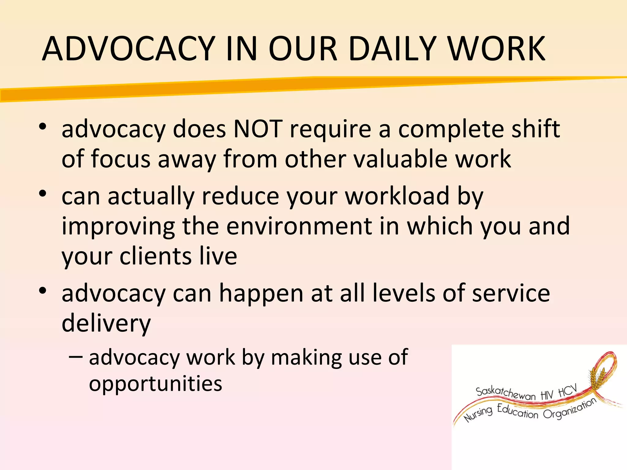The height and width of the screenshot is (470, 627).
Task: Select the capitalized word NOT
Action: click(x=258, y=129)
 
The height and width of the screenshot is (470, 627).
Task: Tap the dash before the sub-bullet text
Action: click(x=76, y=357)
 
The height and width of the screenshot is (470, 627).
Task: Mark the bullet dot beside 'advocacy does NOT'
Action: click(x=43, y=126)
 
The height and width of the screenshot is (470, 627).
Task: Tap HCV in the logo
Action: click(x=567, y=391)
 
